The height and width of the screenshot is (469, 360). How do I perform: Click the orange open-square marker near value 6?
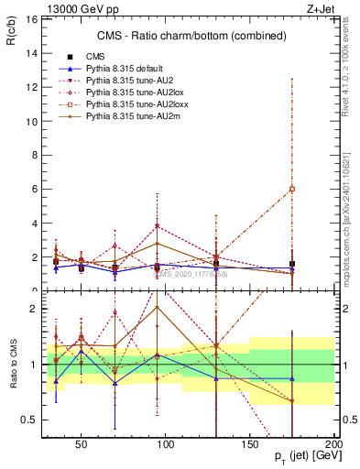[x=292, y=189]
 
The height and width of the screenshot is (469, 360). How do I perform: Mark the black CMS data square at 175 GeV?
[x=292, y=263]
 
